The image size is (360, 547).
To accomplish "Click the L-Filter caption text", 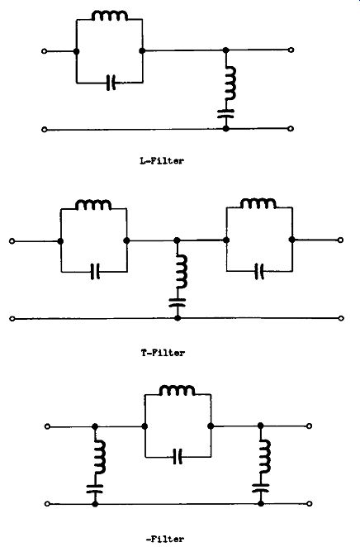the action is coord(161,161).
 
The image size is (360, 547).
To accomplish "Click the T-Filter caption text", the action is coord(163,353).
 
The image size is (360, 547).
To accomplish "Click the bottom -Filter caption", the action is coord(165,539).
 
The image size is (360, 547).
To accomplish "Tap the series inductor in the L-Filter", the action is coord(110,16).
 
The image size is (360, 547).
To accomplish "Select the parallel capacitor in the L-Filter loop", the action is coord(111,83).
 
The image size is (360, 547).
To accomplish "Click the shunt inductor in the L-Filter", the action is coord(230,83).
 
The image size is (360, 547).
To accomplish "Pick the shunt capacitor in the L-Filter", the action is coord(226,114).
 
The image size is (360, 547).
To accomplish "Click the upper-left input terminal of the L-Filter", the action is coord(45,51).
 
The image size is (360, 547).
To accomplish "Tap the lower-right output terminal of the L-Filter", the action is coord(291,129).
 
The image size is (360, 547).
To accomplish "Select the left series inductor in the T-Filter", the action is coord(93,205).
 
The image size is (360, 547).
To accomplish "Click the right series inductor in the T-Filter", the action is coord(258,204).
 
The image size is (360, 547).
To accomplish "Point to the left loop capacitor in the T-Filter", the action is coord(95,271).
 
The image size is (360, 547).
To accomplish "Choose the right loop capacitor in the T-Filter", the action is coord(259,271).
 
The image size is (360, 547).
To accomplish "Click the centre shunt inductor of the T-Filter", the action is coord(182,271).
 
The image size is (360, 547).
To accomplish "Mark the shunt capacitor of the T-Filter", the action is coord(178,302).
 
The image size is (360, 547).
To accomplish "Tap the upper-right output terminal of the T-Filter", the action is coord(341,240).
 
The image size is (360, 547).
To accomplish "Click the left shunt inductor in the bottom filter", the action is coord(100,457).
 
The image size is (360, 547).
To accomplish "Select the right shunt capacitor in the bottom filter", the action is coord(261,488).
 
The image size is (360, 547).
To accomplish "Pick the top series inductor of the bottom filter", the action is coord(177,390).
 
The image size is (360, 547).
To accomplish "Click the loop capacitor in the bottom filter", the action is coord(178,457).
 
